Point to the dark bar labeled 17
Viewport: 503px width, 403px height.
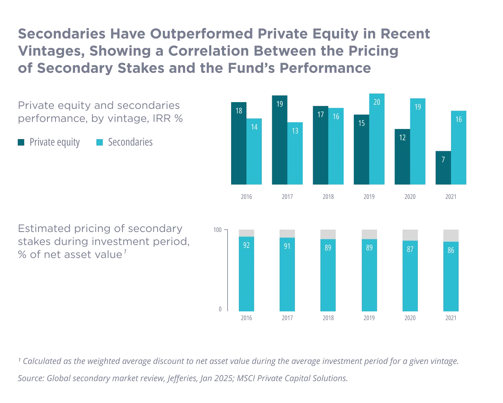[320, 145]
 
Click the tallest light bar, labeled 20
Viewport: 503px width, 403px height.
[377, 139]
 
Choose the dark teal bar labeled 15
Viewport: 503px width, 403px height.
[361, 149]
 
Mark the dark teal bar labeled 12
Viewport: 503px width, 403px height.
[401, 157]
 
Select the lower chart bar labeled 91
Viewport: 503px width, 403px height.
[287, 275]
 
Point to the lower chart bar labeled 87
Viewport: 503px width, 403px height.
[410, 276]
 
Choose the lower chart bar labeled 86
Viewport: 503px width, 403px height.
[450, 277]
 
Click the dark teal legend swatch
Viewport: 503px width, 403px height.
[21, 142]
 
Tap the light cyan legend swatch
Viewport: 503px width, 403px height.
[100, 142]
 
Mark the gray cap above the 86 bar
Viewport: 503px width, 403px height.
[450, 236]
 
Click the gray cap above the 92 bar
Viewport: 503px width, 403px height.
[247, 233]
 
